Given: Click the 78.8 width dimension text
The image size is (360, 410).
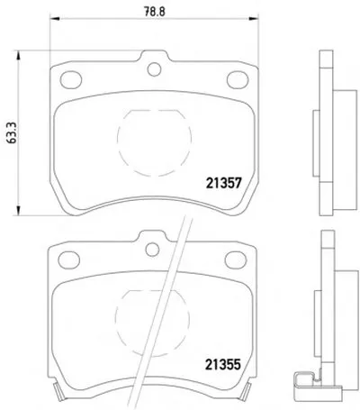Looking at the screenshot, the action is [x=155, y=12].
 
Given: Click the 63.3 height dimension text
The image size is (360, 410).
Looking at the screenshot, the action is [x=12, y=133].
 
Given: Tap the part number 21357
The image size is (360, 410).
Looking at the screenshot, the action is [x=223, y=183].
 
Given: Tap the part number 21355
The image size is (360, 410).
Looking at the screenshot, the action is [x=223, y=365].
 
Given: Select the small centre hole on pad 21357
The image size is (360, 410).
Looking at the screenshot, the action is [x=155, y=69].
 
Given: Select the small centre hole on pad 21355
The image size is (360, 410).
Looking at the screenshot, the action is [x=152, y=250].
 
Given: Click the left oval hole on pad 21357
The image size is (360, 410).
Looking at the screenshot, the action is [x=71, y=79].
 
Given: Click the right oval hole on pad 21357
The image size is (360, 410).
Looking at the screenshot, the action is [x=238, y=79].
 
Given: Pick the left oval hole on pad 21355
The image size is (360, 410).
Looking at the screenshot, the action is [x=69, y=260].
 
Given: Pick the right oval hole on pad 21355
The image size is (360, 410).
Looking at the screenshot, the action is [x=236, y=260].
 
